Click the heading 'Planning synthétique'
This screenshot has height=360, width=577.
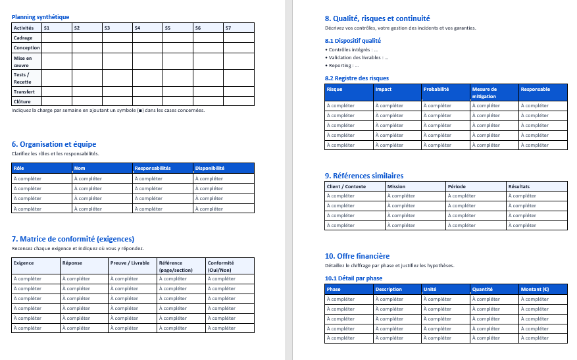point(40,17)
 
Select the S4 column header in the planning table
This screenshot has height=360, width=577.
point(137,28)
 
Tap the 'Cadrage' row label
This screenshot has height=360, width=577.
point(23,38)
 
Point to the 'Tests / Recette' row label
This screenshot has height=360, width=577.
point(22,78)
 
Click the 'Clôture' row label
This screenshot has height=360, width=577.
point(22,101)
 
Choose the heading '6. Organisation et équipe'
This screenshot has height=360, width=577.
point(54,144)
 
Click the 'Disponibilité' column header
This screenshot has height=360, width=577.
point(210,168)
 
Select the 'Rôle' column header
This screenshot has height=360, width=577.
point(19,168)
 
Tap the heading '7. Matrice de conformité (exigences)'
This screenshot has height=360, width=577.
point(73,239)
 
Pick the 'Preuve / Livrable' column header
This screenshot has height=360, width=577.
point(130,263)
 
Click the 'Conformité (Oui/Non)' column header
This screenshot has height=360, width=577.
point(221,266)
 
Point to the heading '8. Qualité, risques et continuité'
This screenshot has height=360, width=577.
point(378,18)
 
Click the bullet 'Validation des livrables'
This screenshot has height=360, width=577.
point(359,57)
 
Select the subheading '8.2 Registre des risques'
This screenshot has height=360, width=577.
point(357,78)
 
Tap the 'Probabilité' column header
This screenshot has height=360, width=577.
point(436,89)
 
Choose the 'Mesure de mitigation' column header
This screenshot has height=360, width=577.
point(486,92)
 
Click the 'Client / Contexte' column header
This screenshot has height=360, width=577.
point(346,186)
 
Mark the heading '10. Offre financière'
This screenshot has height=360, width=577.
point(357,255)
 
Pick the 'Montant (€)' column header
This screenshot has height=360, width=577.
point(536,289)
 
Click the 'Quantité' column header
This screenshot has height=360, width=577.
point(482,289)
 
